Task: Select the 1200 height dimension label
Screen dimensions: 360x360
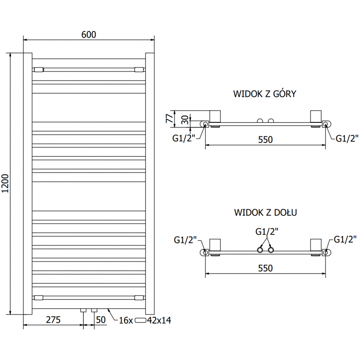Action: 6,184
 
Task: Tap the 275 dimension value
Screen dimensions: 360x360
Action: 53,320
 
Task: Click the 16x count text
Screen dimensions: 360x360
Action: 126,320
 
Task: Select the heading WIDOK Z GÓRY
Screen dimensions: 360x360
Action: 265,94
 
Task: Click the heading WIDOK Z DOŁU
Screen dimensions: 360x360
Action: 265,212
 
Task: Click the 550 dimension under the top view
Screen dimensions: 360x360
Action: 265,139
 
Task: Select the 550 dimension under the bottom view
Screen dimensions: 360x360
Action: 265,268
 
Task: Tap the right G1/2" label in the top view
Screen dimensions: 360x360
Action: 347,138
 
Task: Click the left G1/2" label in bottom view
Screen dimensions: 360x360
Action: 184,240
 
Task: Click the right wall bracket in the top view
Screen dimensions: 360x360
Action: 315,117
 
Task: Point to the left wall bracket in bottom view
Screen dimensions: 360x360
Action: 215,245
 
